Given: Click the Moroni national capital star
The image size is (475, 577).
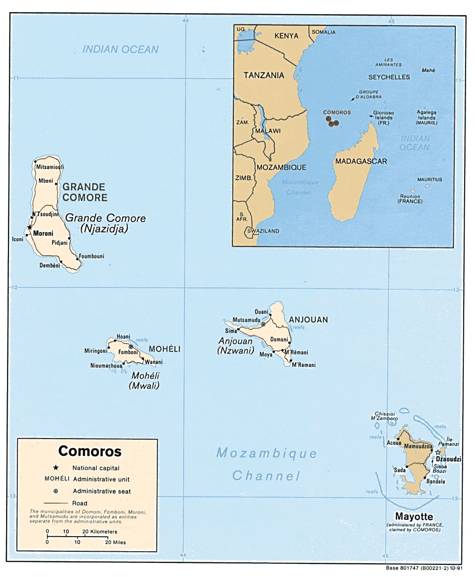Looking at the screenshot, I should pos(30,228).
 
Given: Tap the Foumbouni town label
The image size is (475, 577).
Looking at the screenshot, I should pos(91,256).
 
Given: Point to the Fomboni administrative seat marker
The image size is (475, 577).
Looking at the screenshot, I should pos(131,347).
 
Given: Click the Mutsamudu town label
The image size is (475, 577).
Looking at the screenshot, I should pos(246,320).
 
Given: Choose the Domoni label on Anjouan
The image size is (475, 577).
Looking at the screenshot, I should pos(279,339).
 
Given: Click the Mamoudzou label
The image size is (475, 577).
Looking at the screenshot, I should pos(418,447).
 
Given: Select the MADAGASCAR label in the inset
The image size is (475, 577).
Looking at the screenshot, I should pos(360,161).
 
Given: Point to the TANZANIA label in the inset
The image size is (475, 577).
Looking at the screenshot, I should pos(264,75).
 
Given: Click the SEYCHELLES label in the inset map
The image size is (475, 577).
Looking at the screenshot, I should pos(389,77).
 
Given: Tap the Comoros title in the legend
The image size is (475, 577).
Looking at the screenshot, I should pos(90,451).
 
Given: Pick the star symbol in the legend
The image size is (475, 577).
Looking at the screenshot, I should pos(56,468).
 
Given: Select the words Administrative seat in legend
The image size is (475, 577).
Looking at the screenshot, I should pos(102,491).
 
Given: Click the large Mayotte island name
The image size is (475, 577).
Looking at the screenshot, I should pos(414,517).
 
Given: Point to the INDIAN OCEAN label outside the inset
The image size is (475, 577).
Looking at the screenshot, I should pos(121,49).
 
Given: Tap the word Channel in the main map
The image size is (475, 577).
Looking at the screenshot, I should pos(266,476).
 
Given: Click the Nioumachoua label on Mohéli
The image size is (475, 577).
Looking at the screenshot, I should pos(106,366).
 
